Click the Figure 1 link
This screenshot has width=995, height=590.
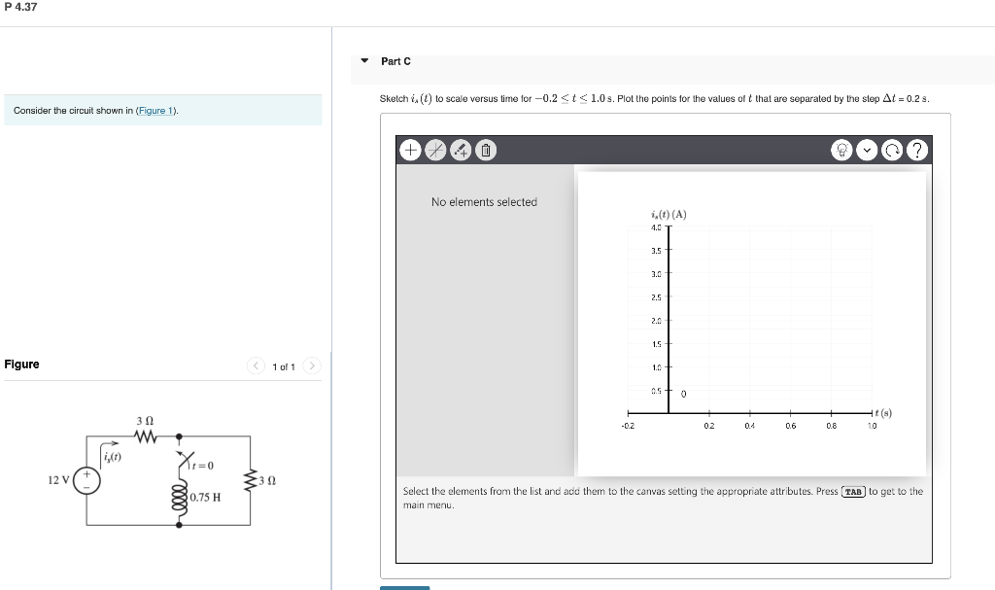click(x=156, y=111)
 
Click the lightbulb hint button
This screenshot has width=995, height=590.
click(x=841, y=150)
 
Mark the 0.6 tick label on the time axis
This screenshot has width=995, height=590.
click(x=790, y=426)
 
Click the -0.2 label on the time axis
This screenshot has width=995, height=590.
click(x=628, y=426)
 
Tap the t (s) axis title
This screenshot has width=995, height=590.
click(x=882, y=412)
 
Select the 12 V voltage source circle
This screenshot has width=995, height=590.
click(x=87, y=481)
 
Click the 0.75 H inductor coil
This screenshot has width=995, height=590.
click(x=180, y=497)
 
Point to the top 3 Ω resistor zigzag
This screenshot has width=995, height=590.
click(x=145, y=436)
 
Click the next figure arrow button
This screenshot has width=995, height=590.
click(x=311, y=366)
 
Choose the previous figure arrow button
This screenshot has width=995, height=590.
click(x=257, y=366)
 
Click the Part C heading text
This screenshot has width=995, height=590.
click(x=395, y=61)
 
